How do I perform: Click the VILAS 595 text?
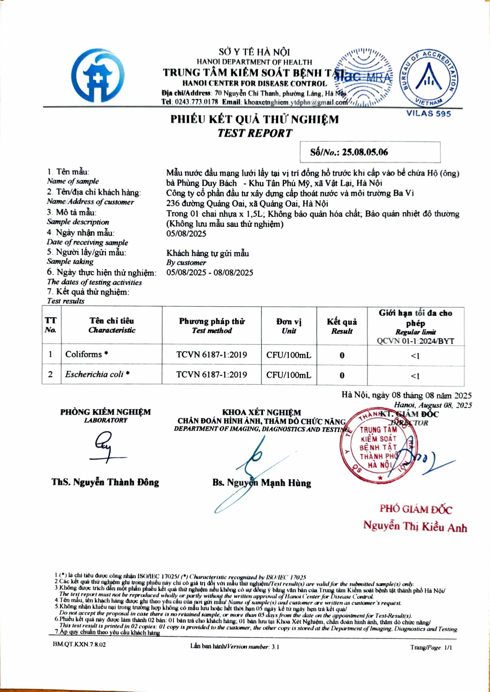[428, 114]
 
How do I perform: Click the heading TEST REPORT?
[255, 133]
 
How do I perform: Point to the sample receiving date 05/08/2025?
[186, 233]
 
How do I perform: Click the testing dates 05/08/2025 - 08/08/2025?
[210, 273]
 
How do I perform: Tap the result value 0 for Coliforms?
[342, 355]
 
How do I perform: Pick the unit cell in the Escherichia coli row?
[288, 375]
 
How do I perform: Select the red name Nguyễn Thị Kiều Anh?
[415, 526]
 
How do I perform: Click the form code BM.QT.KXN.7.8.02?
[79, 645]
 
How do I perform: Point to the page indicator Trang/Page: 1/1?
[431, 647]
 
